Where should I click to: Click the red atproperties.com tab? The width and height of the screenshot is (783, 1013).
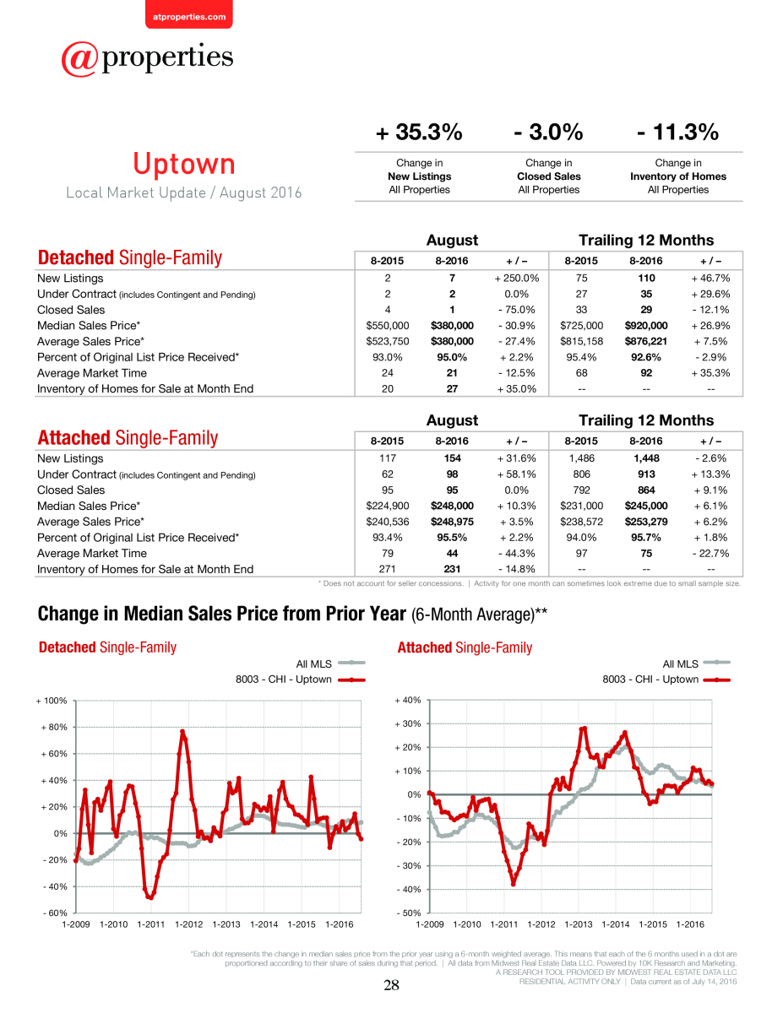click(189, 15)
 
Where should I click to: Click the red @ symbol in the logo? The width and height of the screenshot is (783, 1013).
click(79, 59)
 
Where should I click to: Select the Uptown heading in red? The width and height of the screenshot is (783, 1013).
click(184, 164)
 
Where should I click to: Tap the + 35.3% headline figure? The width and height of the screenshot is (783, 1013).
click(419, 132)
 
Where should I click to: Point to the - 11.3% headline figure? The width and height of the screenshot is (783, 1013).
click(678, 132)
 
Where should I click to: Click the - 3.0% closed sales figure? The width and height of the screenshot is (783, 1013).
click(548, 132)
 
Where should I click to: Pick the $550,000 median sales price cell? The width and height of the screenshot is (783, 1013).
click(387, 325)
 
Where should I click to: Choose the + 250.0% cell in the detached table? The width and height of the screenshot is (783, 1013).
click(517, 279)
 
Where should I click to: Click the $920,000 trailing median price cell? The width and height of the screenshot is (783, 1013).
click(646, 325)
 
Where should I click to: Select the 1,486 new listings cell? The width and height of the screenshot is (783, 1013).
click(581, 458)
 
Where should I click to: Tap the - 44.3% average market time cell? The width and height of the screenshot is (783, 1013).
click(517, 553)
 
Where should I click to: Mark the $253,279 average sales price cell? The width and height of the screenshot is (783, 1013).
click(646, 522)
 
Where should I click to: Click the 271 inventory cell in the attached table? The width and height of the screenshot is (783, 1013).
click(387, 569)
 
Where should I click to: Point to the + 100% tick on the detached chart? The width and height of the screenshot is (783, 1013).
click(52, 701)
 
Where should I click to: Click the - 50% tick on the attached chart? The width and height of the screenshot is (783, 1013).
click(409, 913)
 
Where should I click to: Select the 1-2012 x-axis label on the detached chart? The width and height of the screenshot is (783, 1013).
click(188, 924)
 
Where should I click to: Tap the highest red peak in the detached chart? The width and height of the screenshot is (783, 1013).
click(182, 731)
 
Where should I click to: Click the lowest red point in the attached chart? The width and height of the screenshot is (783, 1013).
click(514, 884)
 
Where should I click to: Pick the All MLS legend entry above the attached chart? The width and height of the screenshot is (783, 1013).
click(696, 664)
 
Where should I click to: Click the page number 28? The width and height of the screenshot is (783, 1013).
click(391, 984)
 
